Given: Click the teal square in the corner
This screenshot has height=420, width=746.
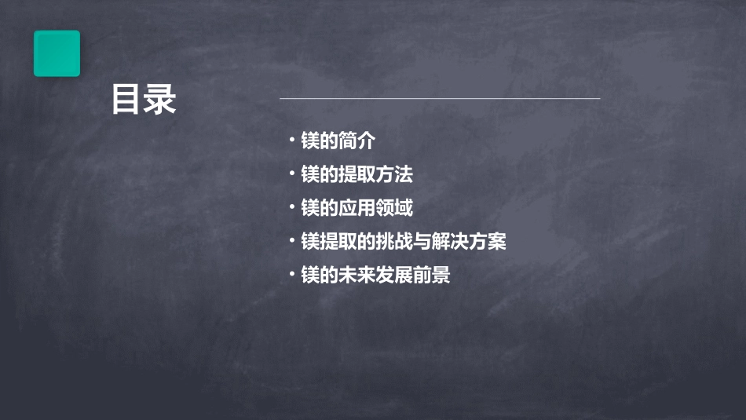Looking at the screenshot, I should point(57,53).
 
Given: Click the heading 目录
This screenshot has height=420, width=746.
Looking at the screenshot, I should point(144,100).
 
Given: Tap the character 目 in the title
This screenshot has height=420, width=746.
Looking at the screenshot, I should point(126,100).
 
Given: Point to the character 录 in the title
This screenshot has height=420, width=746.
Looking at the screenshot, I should point(161,100).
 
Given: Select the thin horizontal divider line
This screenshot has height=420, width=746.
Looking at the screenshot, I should point(440,98).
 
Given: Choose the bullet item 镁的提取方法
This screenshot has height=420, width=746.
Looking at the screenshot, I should point(357,174).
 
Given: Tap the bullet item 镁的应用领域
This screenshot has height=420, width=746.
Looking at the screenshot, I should point(357,208).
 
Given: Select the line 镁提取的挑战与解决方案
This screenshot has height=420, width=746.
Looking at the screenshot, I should point(404,242).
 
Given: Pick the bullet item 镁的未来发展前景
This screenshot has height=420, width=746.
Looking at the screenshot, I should point(375,276).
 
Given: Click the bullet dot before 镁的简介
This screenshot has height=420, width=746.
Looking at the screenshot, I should point(291,141).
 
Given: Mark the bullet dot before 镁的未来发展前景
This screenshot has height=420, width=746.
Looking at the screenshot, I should point(291,275).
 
